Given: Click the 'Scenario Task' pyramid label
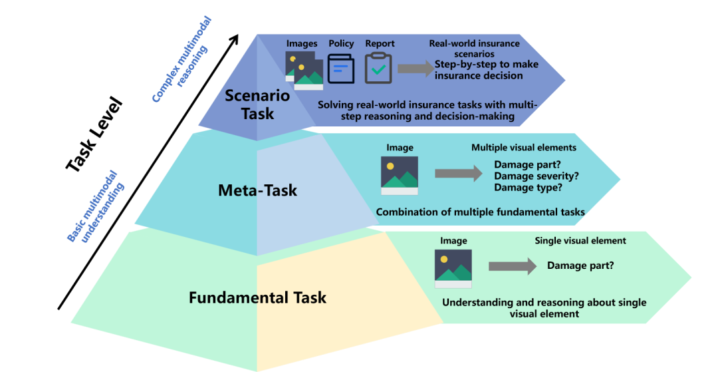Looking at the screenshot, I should [257, 104].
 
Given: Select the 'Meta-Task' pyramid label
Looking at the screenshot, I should [257, 191].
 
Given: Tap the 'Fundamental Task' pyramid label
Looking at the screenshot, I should [257, 297].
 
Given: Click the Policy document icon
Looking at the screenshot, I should [341, 69].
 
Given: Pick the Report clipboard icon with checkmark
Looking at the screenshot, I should [379, 69].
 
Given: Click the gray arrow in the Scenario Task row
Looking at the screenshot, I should [416, 68].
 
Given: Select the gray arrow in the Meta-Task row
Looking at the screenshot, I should [458, 174].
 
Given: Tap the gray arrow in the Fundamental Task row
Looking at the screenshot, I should [512, 266].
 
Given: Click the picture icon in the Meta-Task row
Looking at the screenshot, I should [400, 176].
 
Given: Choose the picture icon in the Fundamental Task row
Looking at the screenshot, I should [453, 269].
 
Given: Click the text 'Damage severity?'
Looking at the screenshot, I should [535, 176].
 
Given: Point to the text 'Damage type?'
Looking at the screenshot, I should [528, 188].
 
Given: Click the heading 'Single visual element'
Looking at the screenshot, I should [580, 240].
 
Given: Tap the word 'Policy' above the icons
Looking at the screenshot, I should [341, 44].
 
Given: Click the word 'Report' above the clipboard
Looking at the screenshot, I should [380, 44].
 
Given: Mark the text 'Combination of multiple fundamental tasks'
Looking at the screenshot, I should [480, 212].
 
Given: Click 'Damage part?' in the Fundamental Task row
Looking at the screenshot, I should [580, 266].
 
